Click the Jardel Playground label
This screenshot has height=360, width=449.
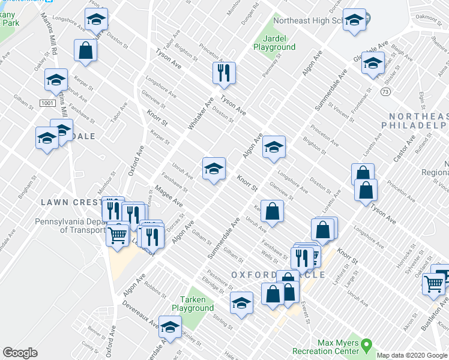click(274, 42)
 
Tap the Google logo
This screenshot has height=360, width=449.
click(20, 352)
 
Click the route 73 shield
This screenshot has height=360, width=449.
click(384, 91)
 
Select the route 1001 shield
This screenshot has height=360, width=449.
click(48, 103)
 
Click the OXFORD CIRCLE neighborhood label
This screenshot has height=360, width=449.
click(278, 275)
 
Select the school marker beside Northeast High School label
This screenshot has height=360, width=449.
click(354, 20)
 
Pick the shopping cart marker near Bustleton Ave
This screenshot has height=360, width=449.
click(433, 283)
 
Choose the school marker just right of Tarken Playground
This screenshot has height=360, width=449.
click(241, 304)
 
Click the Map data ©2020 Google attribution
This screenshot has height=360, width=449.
click(411, 355)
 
